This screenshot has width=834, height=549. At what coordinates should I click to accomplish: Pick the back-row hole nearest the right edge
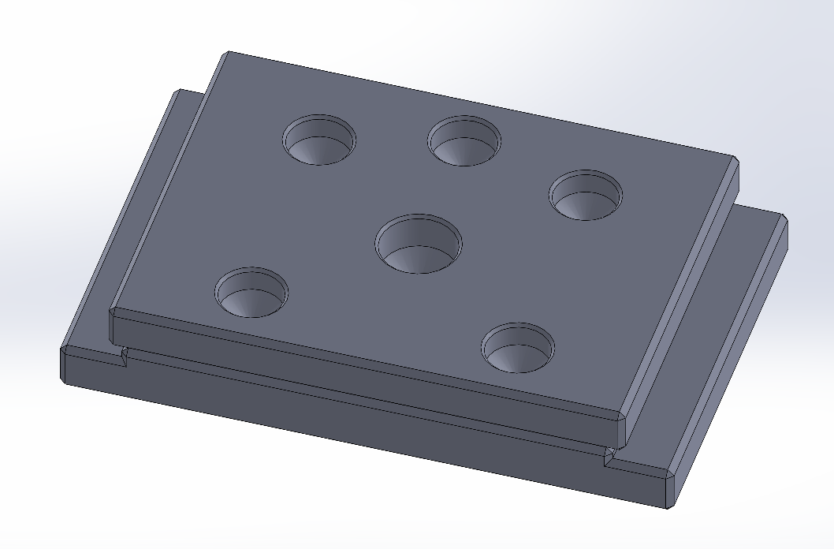pos(586,194)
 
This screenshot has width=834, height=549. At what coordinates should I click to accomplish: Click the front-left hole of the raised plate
pos(251,292)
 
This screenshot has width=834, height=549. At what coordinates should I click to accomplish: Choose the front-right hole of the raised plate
pos(519,347)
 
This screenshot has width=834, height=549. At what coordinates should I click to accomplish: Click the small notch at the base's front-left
pos(125,357)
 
